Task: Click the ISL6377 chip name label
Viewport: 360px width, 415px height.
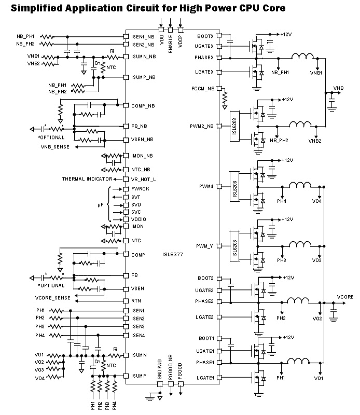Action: (172, 255)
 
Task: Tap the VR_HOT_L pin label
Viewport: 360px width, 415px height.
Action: (143, 178)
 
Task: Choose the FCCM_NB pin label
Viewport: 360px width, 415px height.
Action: (203, 89)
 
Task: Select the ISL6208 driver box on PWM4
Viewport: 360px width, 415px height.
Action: (235, 186)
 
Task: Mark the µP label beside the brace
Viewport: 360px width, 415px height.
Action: (101, 205)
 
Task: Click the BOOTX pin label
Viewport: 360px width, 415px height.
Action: (205, 36)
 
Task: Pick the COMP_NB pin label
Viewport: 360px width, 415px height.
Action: (143, 106)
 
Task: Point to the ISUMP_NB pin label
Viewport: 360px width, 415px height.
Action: (144, 77)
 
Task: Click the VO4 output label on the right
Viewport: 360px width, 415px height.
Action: (317, 200)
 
